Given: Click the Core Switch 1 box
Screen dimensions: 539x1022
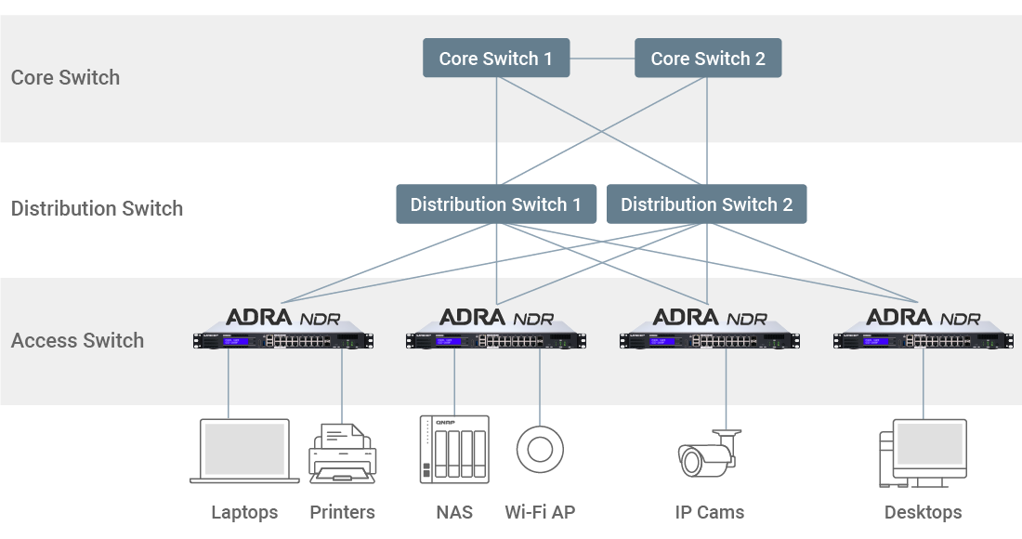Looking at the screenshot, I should click(495, 59).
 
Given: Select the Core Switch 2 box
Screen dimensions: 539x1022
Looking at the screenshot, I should click(708, 59).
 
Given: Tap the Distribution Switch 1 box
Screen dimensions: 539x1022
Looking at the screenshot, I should click(495, 204).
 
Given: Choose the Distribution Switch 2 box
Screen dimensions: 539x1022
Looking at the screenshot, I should click(706, 204).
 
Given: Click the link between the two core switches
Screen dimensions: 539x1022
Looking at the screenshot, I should click(601, 59).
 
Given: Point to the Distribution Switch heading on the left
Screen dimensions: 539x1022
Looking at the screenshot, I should click(97, 208).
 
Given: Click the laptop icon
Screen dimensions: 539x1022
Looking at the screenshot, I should click(244, 451).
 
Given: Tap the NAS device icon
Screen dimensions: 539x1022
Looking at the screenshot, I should click(453, 449).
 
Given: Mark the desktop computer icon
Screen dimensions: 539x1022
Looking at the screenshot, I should click(923, 453).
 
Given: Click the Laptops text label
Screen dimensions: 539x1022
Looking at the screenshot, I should click(244, 512).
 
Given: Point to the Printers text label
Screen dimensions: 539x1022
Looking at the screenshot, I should click(342, 512).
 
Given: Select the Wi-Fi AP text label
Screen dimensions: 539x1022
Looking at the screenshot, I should click(540, 512).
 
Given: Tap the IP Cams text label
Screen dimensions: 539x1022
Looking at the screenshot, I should click(710, 512).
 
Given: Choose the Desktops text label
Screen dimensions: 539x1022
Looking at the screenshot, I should click(923, 512).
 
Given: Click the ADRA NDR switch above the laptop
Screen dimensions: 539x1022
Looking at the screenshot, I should click(283, 340).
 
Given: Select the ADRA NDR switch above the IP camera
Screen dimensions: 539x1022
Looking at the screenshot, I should click(711, 340).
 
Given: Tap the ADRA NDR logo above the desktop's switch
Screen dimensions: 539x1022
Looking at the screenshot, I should click(923, 317).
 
